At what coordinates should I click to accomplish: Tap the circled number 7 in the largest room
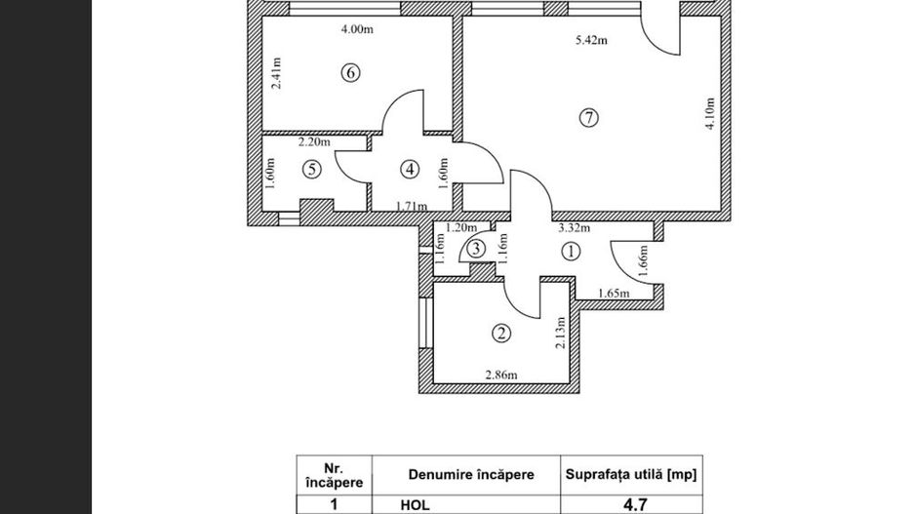coord(587,117)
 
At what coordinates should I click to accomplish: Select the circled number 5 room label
coord(311,169)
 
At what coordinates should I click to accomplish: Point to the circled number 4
coord(409,169)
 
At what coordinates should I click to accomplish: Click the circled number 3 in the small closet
coord(475,249)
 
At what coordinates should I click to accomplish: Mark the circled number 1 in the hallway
coord(572,251)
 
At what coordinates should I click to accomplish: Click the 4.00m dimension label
coord(358,29)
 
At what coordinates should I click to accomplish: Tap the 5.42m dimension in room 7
coord(591,41)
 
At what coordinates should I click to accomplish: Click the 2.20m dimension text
coord(315,142)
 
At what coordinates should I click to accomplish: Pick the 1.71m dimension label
coord(412,206)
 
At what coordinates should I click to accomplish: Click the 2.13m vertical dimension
coord(559,336)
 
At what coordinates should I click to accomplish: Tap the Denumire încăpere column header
coord(470,474)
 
